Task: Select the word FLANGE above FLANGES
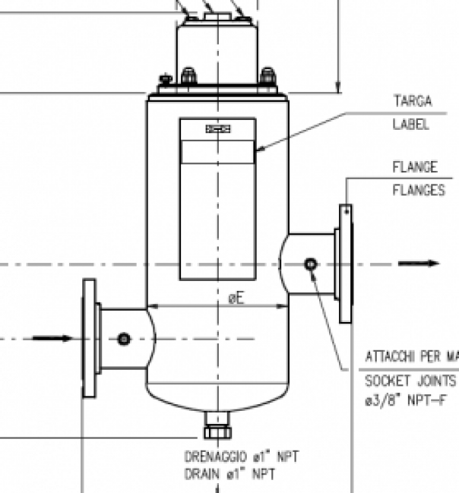click(414, 166)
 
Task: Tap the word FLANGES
click(418, 191)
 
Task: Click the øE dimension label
click(236, 298)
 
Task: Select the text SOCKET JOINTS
click(411, 380)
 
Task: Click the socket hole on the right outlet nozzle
click(311, 264)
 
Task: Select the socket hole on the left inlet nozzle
click(124, 338)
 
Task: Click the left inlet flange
click(90, 339)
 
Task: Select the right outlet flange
click(346, 264)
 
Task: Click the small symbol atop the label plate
click(217, 130)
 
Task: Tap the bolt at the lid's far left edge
click(162, 78)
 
